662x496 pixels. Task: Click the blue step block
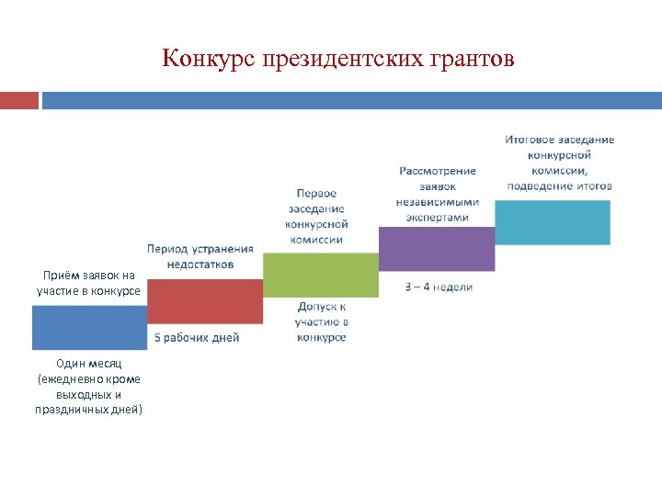[89, 328]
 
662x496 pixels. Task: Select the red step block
[205, 302]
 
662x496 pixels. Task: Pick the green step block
[321, 275]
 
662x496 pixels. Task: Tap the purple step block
[437, 249]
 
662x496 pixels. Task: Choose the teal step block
[553, 222]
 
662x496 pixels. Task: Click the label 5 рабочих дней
[196, 337]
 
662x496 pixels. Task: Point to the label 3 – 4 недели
[439, 287]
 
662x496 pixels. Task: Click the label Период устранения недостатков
[200, 256]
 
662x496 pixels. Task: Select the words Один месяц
[88, 364]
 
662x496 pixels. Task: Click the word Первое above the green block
[316, 193]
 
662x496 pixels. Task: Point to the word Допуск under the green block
[322, 307]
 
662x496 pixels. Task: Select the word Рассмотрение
[438, 171]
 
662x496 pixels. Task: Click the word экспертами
[438, 218]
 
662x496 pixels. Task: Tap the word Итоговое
[530, 140]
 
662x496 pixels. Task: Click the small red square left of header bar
[19, 99]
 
